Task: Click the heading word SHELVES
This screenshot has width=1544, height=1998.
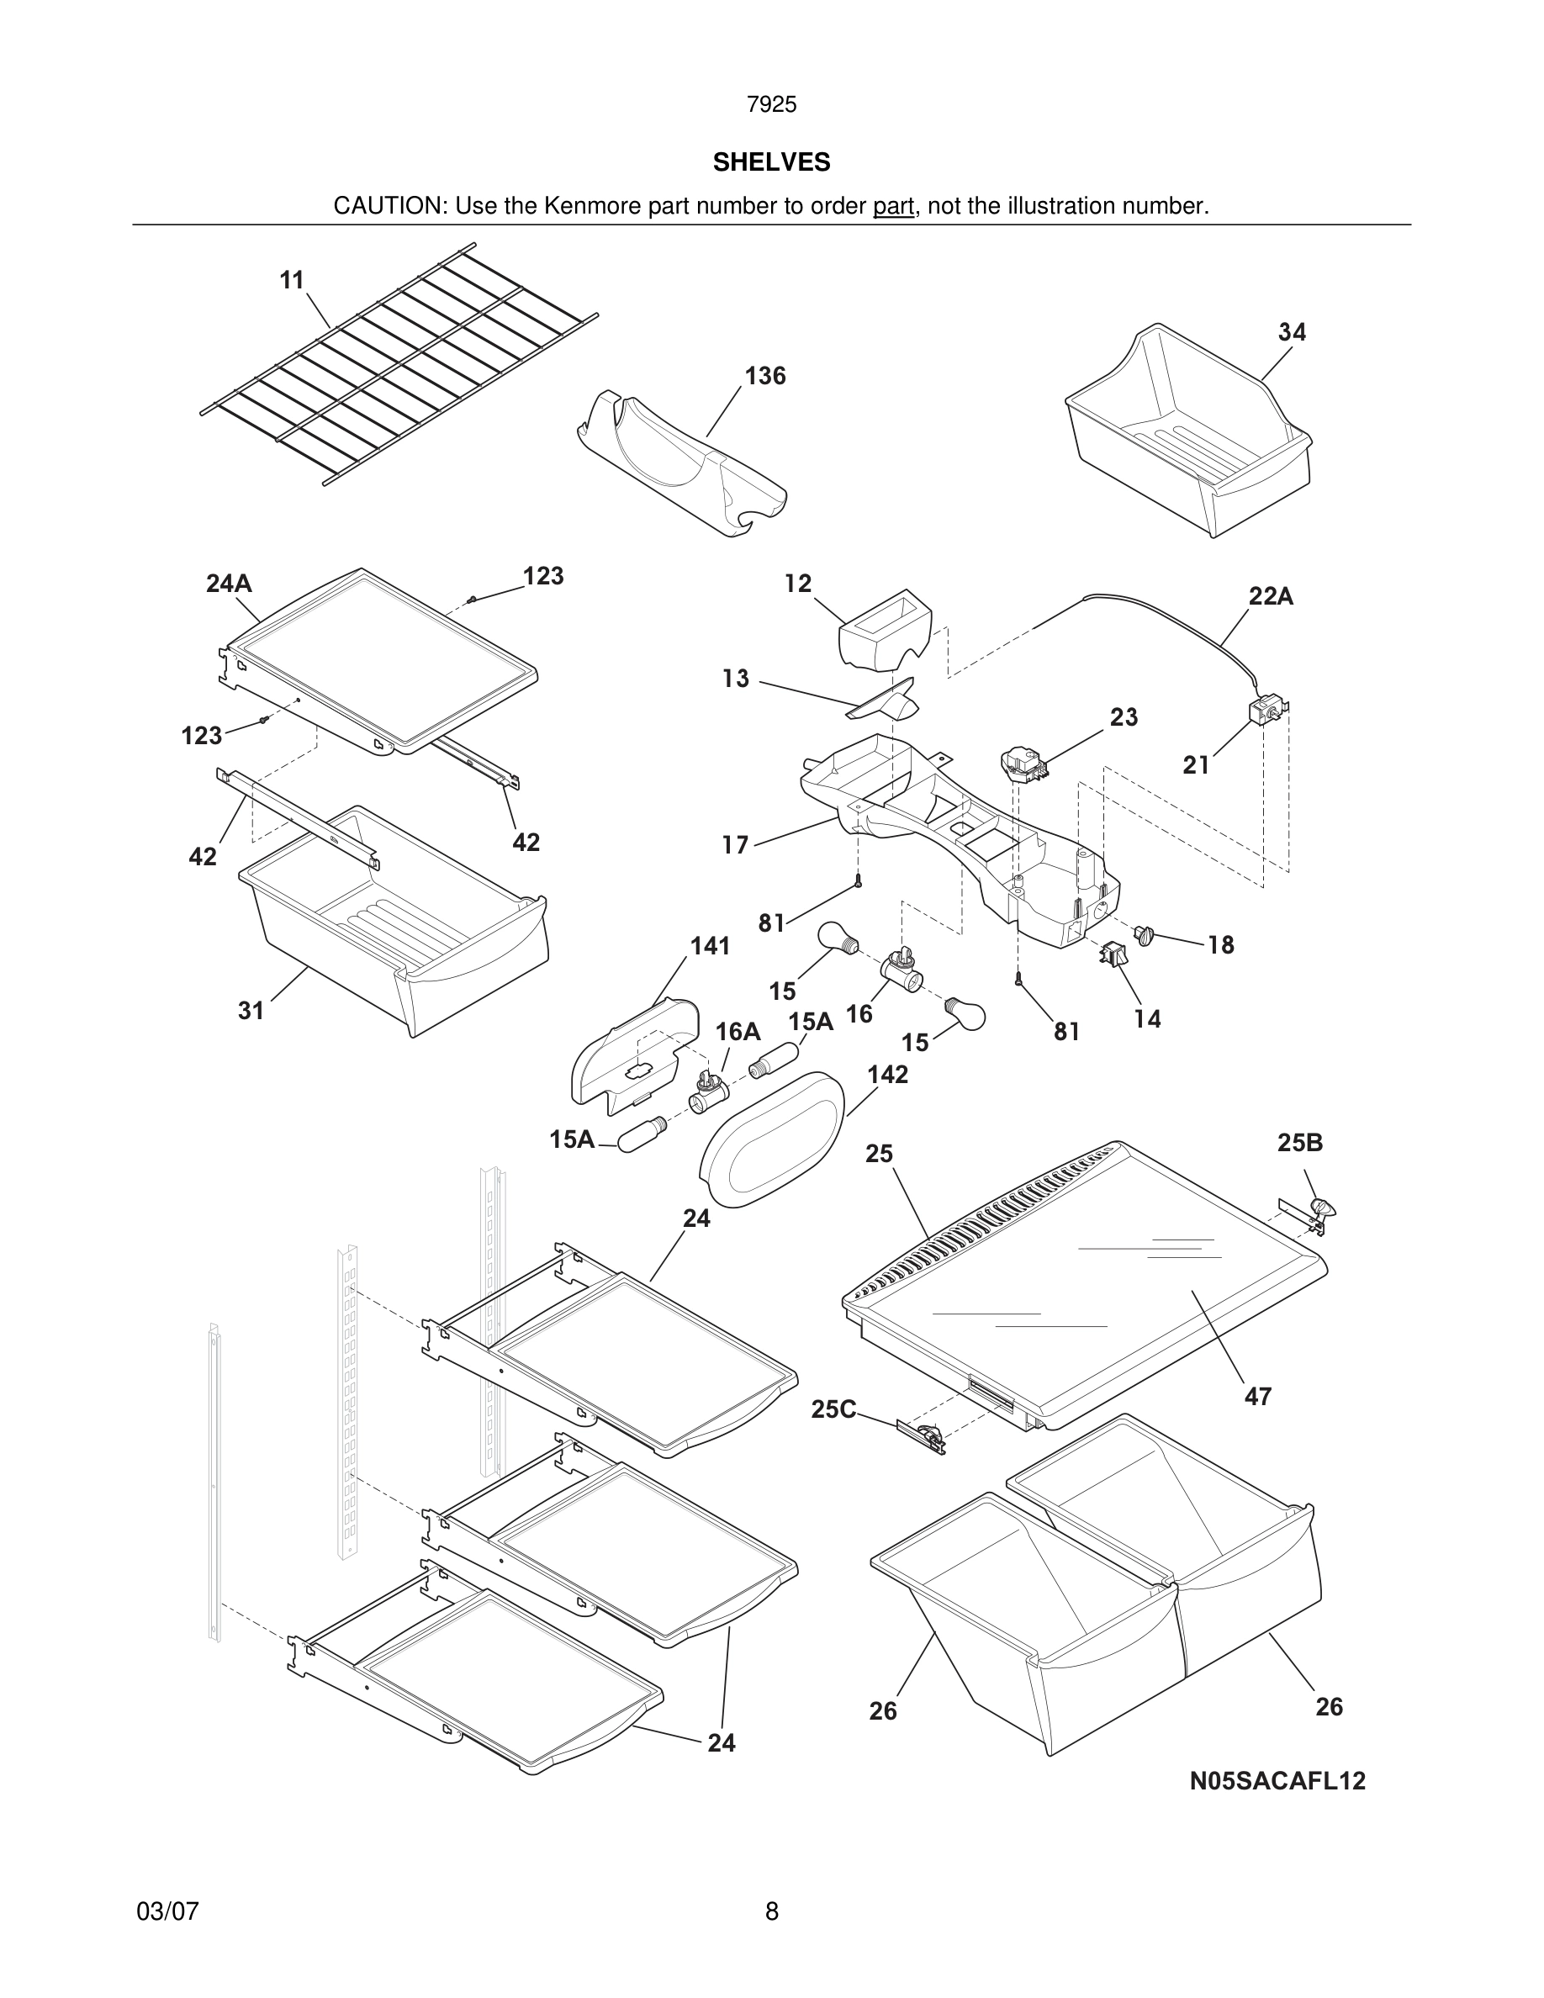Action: pyautogui.click(x=771, y=162)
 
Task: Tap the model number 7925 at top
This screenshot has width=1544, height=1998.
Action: pyautogui.click(x=771, y=105)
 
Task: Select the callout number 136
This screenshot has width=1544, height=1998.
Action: pyautogui.click(x=764, y=376)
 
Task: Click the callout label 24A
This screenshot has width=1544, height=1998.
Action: pyautogui.click(x=229, y=584)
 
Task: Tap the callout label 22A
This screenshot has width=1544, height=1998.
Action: pyautogui.click(x=1271, y=596)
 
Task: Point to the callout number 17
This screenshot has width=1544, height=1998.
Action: pyautogui.click(x=734, y=845)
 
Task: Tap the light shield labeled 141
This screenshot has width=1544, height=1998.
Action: pyautogui.click(x=631, y=1052)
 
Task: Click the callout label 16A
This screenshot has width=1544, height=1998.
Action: pyautogui.click(x=738, y=1032)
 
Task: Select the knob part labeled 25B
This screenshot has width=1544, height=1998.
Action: pyautogui.click(x=1323, y=1209)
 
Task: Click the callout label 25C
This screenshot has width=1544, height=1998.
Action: pyautogui.click(x=833, y=1409)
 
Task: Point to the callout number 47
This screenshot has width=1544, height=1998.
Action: pyautogui.click(x=1258, y=1396)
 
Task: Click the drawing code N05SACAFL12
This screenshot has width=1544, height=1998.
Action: pyautogui.click(x=1277, y=1781)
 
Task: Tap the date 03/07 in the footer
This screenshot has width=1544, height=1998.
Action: pyautogui.click(x=167, y=1912)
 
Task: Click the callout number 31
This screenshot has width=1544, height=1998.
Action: pyautogui.click(x=251, y=1011)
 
